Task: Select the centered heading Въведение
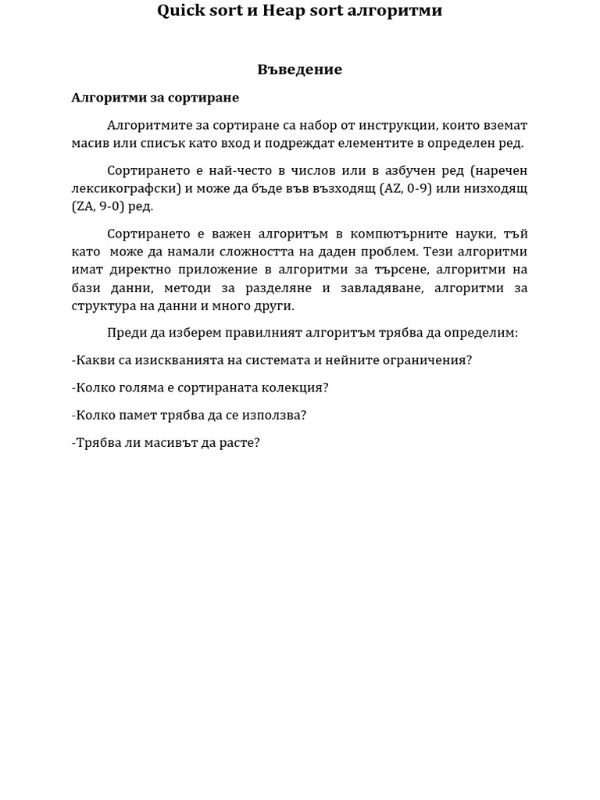[300, 70]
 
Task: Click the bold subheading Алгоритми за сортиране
[155, 98]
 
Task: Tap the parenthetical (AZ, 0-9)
[405, 188]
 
